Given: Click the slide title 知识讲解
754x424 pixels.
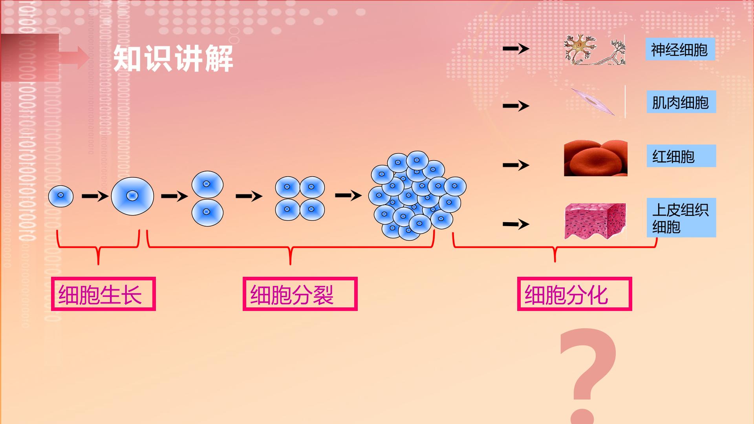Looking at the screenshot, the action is [173, 58].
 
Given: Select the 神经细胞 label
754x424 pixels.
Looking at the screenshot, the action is [680, 49].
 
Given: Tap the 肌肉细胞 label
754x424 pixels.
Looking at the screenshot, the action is [681, 102].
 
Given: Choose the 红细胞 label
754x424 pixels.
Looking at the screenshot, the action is [681, 156].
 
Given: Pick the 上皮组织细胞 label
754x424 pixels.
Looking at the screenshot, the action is [681, 217].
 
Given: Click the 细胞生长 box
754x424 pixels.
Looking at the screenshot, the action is [103, 294].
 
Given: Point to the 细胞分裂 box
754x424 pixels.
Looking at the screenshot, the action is [300, 294].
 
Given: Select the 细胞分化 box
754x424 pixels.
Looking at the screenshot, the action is [574, 294].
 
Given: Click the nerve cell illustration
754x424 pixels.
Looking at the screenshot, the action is [595, 50].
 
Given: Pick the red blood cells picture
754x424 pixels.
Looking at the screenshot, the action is [595, 158].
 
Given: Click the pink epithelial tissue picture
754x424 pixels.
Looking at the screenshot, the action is [595, 221].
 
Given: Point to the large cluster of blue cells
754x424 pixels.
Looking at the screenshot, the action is [417, 195].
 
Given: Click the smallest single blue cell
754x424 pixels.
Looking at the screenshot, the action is [61, 196].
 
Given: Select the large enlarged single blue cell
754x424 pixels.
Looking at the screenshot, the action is [132, 196].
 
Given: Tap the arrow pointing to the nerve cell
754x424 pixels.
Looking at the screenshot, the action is [516, 49].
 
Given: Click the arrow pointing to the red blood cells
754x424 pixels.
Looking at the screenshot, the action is [516, 165].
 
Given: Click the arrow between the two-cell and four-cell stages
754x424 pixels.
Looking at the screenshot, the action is [249, 196].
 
